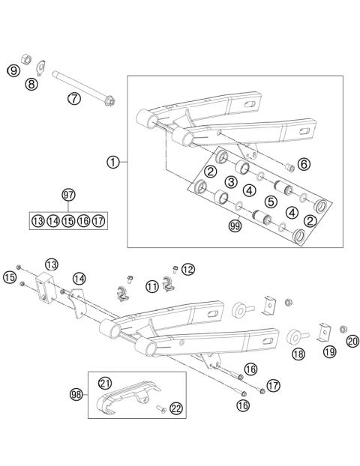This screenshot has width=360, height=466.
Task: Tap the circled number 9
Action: pyautogui.click(x=13, y=70)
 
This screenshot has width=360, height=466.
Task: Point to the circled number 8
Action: pyautogui.click(x=31, y=85)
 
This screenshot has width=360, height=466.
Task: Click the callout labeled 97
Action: pyautogui.click(x=69, y=196)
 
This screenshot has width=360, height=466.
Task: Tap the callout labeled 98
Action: pyautogui.click(x=76, y=393)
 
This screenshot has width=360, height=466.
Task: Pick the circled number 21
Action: pyautogui.click(x=106, y=384)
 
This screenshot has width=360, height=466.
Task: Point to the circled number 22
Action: pyautogui.click(x=175, y=407)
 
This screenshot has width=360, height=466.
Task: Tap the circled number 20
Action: pyautogui.click(x=352, y=340)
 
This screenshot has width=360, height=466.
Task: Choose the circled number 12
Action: pyautogui.click(x=187, y=269)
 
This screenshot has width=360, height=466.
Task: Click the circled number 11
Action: pyautogui.click(x=152, y=285)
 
